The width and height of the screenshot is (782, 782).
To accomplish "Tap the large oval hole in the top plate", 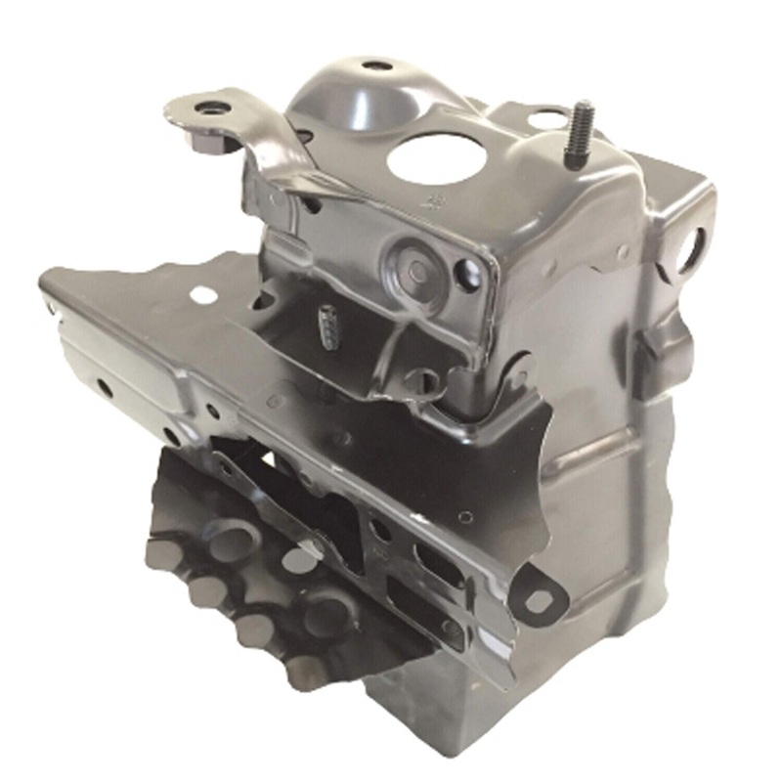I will (434, 156).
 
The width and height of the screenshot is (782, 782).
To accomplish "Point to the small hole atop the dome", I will (376, 66).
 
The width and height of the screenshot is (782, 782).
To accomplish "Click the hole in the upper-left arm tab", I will (206, 108).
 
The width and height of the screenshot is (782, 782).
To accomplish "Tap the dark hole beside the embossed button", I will (466, 276).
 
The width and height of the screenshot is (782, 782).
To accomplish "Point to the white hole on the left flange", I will (203, 293).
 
